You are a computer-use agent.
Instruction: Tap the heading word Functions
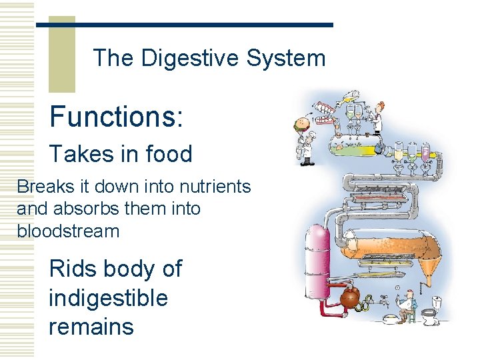(x=113, y=117)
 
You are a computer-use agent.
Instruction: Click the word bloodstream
(x=68, y=231)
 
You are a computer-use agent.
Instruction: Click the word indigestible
(x=108, y=298)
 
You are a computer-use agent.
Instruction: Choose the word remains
(x=91, y=327)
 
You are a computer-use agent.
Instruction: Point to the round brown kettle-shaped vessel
(x=349, y=297)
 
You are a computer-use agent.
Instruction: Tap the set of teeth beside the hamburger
(x=325, y=113)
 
